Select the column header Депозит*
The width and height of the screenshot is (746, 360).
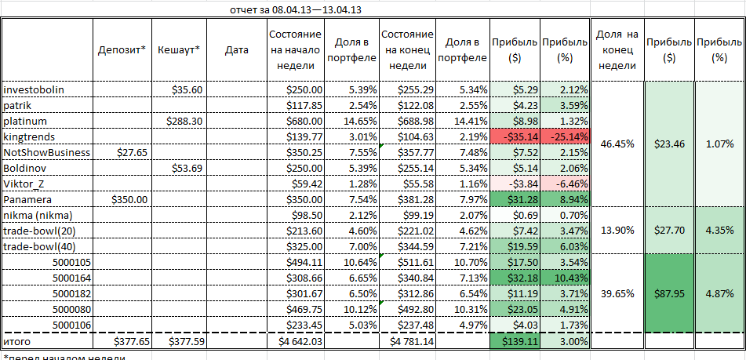[x=122, y=50]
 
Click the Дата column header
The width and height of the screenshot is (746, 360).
[x=236, y=50]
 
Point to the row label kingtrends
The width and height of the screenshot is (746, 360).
[x=27, y=136]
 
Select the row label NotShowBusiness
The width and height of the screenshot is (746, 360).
[x=46, y=152]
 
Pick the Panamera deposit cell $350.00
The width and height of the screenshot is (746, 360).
[x=129, y=199]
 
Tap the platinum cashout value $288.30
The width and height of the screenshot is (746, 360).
[x=185, y=121]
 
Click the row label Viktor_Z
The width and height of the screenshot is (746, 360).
[x=24, y=184]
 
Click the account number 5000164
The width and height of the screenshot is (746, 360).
[x=71, y=278]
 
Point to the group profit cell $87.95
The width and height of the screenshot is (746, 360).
[x=668, y=294]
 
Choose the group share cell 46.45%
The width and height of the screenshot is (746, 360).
[x=616, y=144]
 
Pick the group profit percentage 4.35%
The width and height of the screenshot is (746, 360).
[x=720, y=231]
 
